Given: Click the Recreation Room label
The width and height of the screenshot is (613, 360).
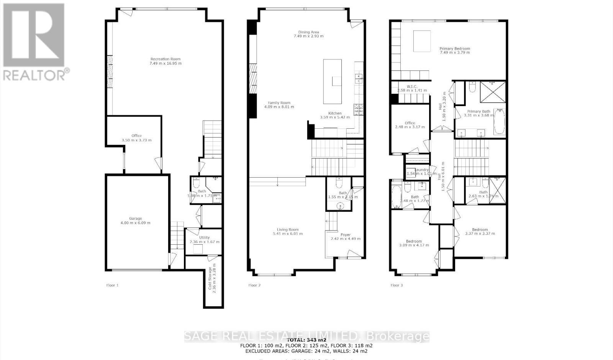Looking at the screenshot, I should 166,59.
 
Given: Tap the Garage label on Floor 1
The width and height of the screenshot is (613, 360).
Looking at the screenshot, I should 135,218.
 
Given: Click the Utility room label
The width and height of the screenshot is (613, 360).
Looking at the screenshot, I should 204,237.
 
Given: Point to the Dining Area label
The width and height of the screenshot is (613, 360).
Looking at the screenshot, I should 308,32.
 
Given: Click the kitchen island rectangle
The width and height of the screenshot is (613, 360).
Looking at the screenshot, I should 332,81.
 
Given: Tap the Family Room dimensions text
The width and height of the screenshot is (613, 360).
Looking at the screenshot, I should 279,107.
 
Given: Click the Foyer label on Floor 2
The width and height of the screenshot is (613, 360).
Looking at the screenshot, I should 345,235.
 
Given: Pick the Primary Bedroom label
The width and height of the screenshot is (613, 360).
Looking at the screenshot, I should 454,49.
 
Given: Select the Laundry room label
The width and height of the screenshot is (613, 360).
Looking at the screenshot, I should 421,170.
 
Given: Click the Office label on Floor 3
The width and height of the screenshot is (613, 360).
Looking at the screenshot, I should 410,123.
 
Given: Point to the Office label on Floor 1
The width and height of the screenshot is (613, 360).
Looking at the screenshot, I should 136,136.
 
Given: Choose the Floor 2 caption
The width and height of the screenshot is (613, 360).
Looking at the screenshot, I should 254,285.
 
